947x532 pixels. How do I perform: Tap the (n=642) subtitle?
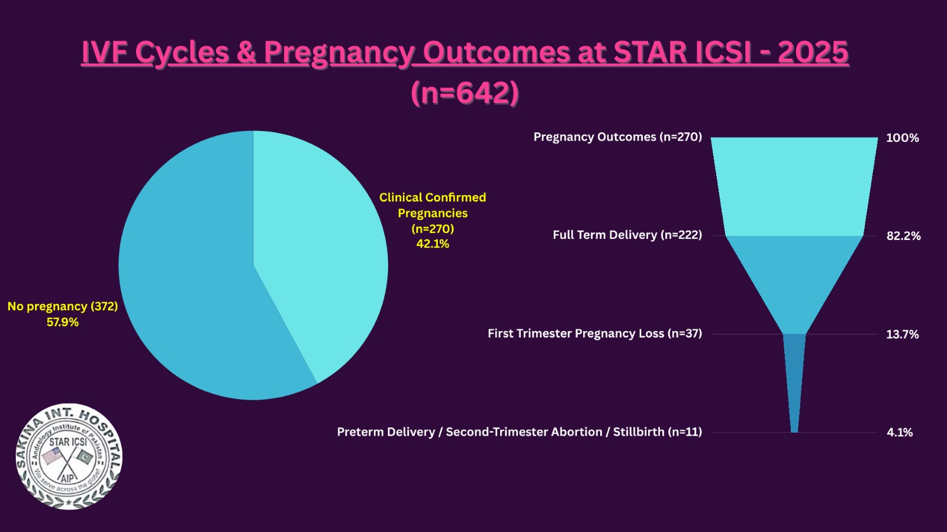(465, 93)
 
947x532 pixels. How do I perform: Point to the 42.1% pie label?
(433, 244)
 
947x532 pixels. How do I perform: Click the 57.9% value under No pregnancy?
(63, 322)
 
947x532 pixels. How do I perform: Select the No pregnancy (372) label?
(63, 306)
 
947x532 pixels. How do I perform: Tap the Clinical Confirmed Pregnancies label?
(433, 205)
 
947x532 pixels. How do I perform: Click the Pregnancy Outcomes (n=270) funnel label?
(617, 137)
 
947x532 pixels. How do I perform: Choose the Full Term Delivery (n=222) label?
(627, 235)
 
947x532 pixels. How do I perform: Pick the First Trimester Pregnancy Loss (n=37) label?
(594, 333)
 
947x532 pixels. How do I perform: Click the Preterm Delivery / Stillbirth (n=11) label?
(519, 432)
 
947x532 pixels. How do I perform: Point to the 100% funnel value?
(902, 138)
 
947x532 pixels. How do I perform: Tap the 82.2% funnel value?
(903, 236)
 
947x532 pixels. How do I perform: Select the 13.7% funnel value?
(902, 335)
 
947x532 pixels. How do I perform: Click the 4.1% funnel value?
(900, 433)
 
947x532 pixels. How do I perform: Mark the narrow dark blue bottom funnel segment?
(794, 378)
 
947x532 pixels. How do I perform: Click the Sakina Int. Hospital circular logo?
(69, 457)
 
